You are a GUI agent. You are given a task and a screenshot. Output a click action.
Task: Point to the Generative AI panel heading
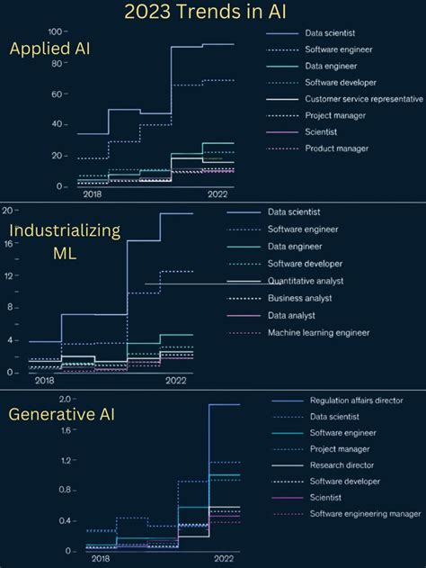(61, 415)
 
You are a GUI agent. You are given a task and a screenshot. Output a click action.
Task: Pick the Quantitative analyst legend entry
(305, 281)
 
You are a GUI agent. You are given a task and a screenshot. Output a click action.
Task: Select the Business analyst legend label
(299, 298)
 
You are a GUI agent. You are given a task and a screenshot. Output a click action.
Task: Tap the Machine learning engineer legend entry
(318, 332)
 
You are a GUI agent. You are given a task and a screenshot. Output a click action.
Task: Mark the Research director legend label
(342, 465)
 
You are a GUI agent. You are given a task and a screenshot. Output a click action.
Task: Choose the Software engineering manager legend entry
(365, 513)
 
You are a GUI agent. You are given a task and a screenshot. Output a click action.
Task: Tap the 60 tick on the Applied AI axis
(58, 94)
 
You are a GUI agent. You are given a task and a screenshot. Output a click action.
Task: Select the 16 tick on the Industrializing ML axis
(9, 243)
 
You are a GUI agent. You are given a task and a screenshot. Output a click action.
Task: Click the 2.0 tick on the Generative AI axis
(65, 399)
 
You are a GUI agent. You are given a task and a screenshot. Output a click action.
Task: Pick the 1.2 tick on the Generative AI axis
(65, 460)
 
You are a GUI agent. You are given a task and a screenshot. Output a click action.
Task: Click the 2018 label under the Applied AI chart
(93, 194)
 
